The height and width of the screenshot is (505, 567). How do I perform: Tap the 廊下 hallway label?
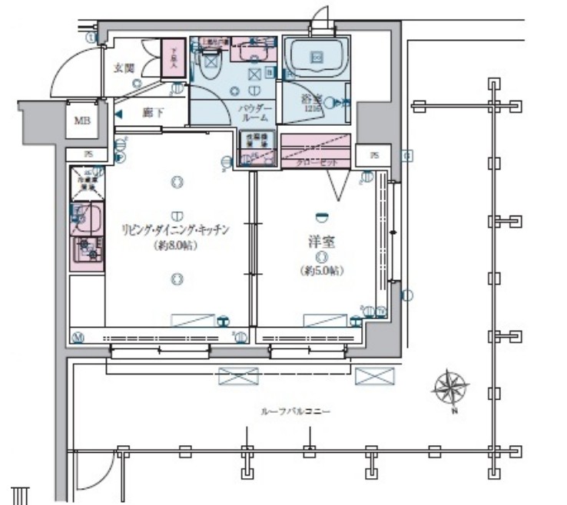[x=154, y=114]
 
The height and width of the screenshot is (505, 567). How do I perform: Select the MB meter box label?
[x=81, y=120]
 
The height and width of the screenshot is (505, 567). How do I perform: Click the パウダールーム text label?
[x=253, y=113]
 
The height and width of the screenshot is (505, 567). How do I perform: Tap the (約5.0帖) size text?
[x=322, y=271]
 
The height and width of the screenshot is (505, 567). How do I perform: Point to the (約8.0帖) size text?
[x=176, y=246]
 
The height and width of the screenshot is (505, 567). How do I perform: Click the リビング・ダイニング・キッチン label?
[x=176, y=229]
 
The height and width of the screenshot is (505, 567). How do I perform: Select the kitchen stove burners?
[x=86, y=249]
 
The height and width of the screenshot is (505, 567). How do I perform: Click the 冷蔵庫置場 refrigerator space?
[x=86, y=182]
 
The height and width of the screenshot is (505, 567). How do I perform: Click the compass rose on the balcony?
[x=451, y=388]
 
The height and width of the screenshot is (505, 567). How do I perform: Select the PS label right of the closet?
[x=374, y=156]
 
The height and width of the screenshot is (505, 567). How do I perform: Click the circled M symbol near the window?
[x=78, y=337]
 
